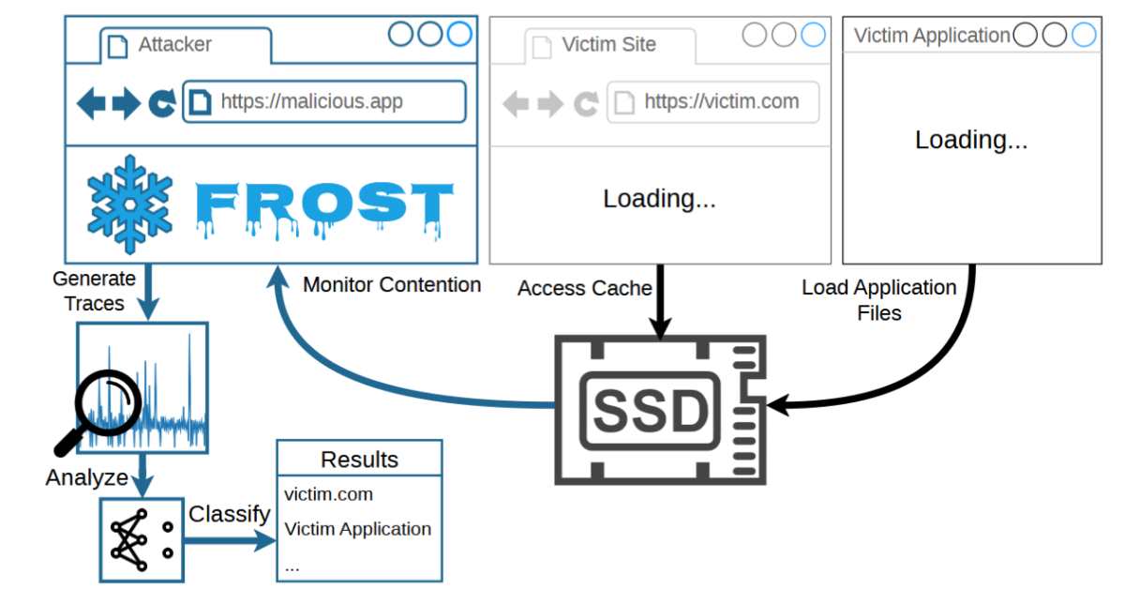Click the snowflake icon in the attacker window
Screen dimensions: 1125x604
click(129, 204)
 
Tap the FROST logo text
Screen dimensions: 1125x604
click(324, 207)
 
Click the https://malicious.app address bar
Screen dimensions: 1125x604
click(324, 101)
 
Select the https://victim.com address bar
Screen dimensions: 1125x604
click(713, 102)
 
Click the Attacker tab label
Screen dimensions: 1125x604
click(174, 44)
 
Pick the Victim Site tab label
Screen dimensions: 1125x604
click(608, 44)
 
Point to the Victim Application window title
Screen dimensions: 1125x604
click(932, 36)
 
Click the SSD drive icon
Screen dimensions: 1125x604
click(660, 410)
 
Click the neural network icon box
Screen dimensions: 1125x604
click(142, 540)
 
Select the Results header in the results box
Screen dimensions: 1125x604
click(360, 460)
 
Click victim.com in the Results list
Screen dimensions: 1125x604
click(328, 494)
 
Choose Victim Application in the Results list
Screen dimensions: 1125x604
click(357, 529)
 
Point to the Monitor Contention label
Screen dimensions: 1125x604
click(392, 284)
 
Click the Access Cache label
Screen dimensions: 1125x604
click(585, 288)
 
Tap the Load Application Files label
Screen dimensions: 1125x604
click(879, 300)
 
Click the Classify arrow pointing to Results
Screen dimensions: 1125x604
click(230, 540)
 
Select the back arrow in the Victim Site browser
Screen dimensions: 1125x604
click(516, 103)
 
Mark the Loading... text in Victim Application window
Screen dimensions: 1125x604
click(971, 140)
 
